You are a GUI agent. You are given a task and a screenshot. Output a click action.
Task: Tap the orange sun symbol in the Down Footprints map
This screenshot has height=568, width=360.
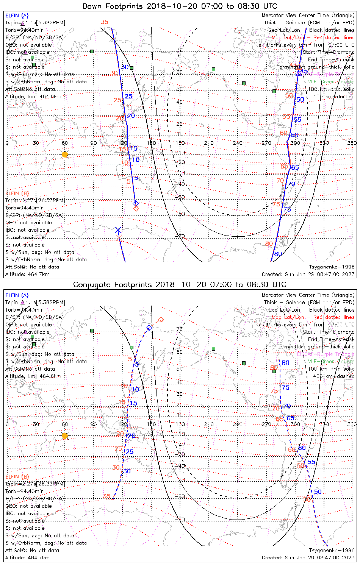tap(65, 154)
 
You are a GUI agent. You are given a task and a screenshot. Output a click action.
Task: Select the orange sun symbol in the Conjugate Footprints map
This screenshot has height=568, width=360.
tap(65, 436)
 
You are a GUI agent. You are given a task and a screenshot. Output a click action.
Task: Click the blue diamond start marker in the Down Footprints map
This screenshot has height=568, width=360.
tap(136, 203)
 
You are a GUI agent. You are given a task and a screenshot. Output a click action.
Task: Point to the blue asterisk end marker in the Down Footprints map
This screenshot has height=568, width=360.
tap(118, 230)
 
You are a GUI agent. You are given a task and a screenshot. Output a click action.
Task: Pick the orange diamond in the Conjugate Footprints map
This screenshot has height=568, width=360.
tap(161, 320)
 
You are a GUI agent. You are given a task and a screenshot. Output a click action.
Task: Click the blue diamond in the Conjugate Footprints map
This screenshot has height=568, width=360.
tap(149, 328)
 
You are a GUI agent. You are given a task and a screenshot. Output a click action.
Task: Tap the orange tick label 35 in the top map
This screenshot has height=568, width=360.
tap(105, 22)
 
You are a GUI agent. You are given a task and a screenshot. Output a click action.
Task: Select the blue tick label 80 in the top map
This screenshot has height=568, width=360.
tap(278, 254)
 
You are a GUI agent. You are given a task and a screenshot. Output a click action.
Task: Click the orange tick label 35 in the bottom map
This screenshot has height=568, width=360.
tap(106, 496)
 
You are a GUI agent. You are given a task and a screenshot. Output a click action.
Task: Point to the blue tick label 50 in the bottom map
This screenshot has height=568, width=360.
tap(318, 492)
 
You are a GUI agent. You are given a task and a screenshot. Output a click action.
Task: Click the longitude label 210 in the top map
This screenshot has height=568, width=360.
tap(209, 143)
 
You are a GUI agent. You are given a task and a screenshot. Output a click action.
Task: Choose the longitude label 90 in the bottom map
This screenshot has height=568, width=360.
tap(93, 424)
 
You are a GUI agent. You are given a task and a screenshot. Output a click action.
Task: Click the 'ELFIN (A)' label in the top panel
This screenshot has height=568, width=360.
tap(17, 16)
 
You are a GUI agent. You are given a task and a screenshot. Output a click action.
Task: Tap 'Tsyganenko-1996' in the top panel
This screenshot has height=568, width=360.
tap(332, 267)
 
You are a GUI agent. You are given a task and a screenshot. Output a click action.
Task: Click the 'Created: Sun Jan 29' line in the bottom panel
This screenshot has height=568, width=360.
tap(308, 558)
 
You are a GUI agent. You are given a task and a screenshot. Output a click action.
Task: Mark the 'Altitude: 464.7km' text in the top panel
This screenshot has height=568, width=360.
tap(27, 274)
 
